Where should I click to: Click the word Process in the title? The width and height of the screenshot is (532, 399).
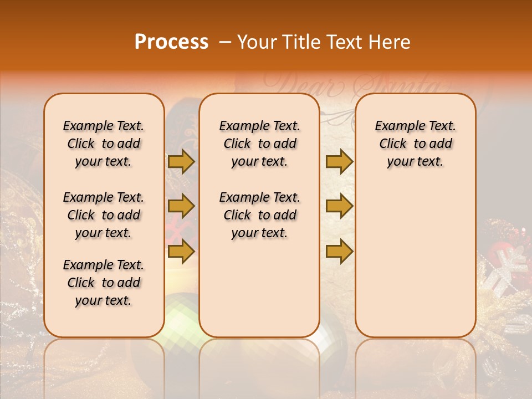point(171,42)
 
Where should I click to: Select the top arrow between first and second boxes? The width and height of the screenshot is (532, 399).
point(181,161)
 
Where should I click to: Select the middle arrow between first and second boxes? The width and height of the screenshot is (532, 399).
point(181,206)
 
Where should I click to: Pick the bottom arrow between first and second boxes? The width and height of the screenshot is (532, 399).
point(181,251)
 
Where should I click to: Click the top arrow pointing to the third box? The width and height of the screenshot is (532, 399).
point(339,161)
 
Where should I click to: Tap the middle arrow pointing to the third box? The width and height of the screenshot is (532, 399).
point(339,206)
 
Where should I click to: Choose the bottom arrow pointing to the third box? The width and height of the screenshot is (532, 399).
point(339,251)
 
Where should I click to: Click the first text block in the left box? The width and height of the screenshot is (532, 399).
point(104,144)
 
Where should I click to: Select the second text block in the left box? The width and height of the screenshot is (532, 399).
point(104,215)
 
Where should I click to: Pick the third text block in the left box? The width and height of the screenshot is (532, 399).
point(104,283)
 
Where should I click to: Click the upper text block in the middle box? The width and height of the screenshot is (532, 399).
point(259,144)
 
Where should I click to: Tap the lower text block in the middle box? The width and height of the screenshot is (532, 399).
point(259,215)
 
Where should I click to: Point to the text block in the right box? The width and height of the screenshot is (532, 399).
point(415,144)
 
